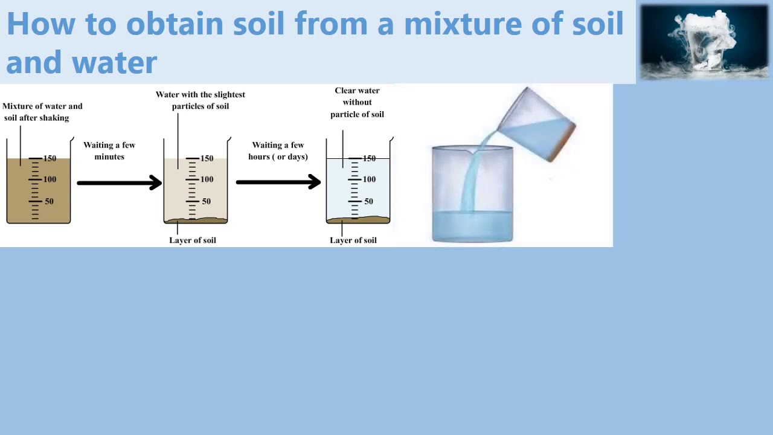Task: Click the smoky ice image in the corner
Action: pos(704,42)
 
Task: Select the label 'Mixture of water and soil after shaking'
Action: pos(42,112)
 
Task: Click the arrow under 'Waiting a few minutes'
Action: pos(119,182)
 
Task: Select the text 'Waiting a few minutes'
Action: pos(109,150)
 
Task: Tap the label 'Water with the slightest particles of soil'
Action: pos(200,100)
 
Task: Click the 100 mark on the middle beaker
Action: pos(207,179)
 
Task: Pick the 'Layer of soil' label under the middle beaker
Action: pos(192,240)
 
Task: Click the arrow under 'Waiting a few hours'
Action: pos(278,182)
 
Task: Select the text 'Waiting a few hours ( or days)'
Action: pos(278,150)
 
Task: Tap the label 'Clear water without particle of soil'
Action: pos(357,102)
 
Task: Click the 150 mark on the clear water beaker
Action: pos(368,158)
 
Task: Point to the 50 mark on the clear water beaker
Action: pos(368,201)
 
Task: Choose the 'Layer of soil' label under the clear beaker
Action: pos(353,240)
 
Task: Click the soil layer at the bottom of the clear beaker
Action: pos(358,220)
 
